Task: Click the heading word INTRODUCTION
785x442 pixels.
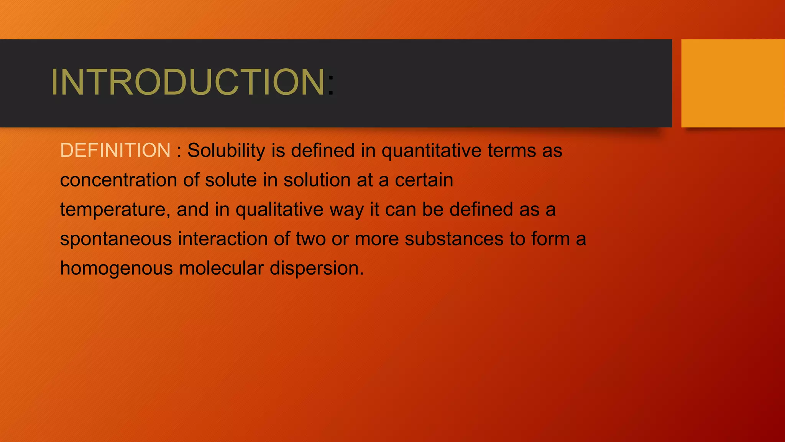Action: (188, 82)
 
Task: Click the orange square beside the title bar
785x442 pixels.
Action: (732, 83)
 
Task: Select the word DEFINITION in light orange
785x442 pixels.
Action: (115, 150)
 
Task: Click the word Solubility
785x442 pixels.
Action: (226, 150)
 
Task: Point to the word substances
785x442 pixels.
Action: (454, 239)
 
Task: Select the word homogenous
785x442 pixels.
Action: (116, 269)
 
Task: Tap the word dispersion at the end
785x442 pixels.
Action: (316, 269)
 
